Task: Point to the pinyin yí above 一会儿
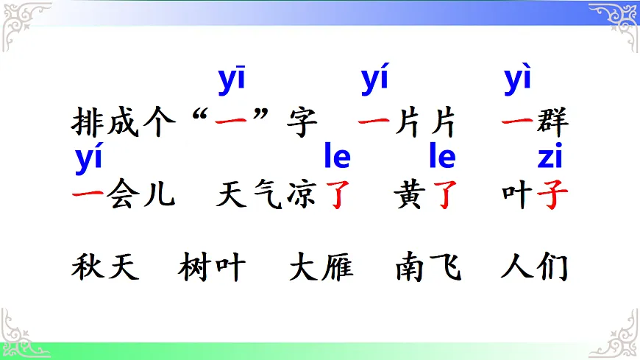88,159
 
